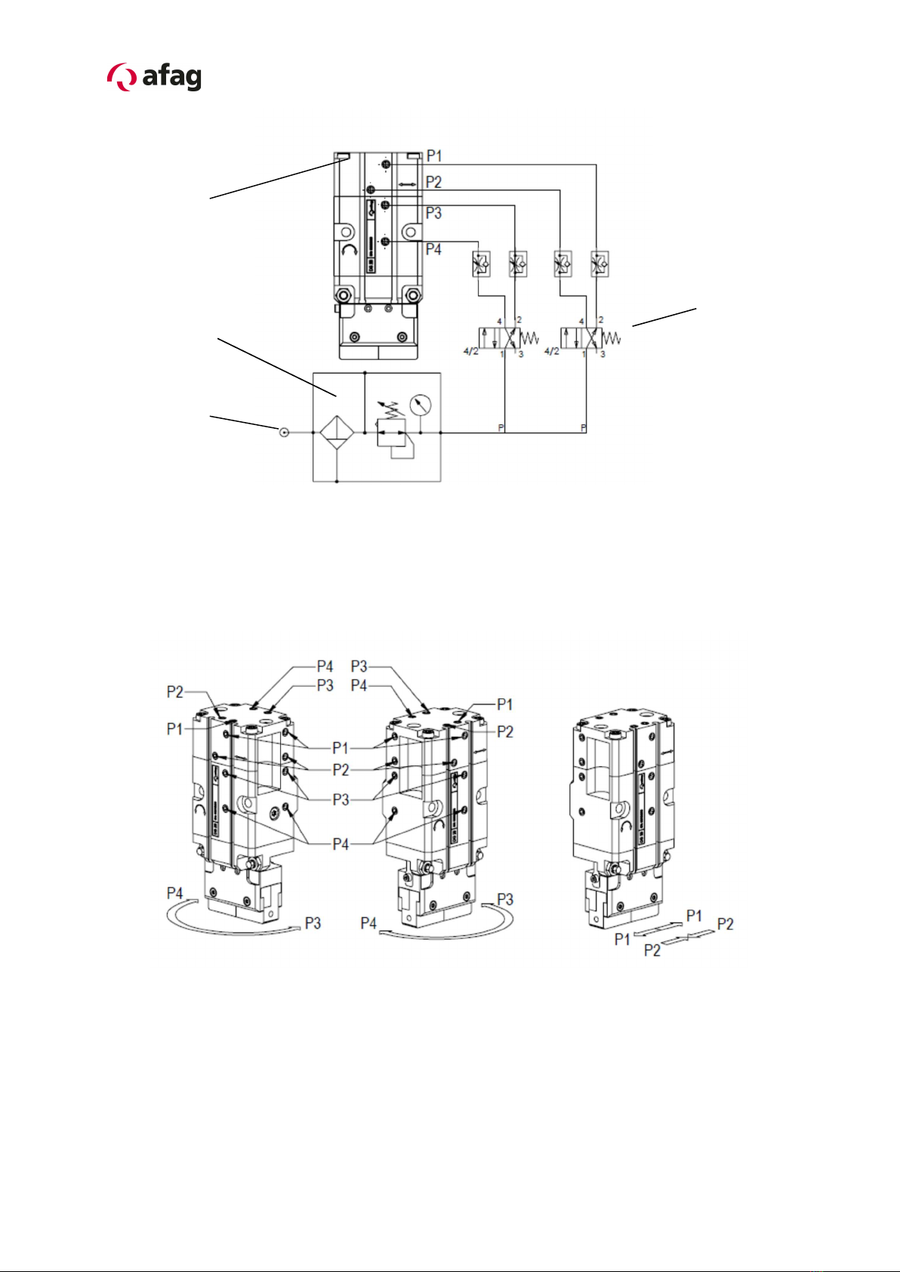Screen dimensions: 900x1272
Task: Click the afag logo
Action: click(154, 77)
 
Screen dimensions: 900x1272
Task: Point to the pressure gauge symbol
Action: click(421, 405)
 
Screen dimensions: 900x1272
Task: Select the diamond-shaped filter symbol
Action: click(337, 433)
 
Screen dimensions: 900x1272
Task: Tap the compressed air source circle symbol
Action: click(285, 433)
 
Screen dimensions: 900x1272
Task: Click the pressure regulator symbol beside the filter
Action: click(392, 433)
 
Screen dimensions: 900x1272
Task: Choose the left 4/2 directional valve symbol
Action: click(499, 338)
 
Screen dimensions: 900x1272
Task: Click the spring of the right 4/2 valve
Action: click(612, 338)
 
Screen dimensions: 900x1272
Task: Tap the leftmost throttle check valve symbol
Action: click(482, 264)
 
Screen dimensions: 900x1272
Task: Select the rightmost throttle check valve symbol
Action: click(599, 264)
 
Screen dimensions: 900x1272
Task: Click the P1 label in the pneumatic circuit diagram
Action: click(434, 156)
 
